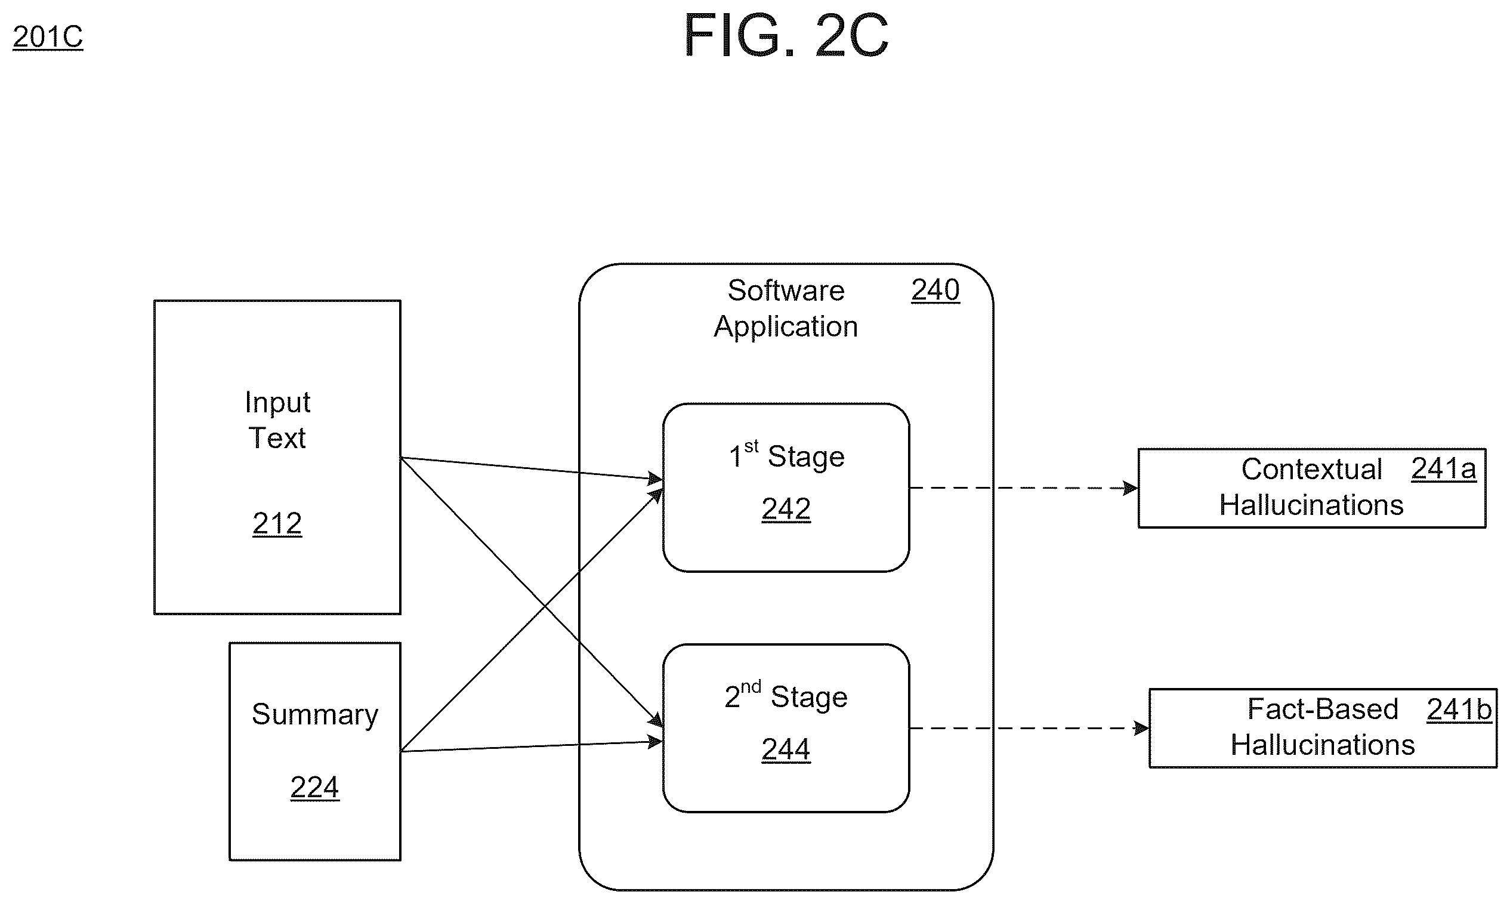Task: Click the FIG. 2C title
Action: (786, 35)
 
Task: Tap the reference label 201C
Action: (48, 37)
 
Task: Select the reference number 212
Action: (277, 523)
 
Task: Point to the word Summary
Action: (315, 715)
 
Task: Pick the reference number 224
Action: (315, 787)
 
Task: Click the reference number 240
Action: (935, 290)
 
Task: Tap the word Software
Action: (786, 291)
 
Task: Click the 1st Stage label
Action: (787, 455)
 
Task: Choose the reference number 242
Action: (786, 508)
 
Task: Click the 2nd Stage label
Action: (786, 696)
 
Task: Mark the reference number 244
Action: (786, 749)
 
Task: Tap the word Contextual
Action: (1311, 470)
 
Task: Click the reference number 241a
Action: (1444, 469)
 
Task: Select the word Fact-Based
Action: (1323, 709)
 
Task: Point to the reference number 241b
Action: (1459, 709)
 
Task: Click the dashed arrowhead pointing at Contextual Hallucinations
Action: (1131, 489)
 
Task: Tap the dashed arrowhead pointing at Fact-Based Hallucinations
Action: (1142, 729)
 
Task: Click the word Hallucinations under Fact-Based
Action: (1323, 745)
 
